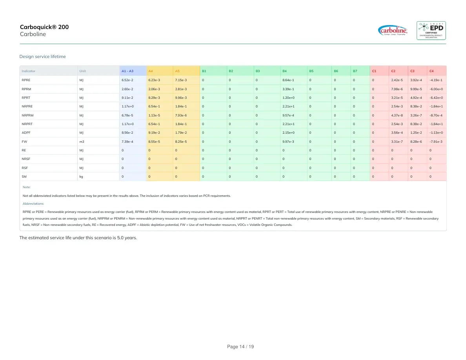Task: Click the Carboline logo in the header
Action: (393, 31)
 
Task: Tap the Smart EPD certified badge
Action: (431, 31)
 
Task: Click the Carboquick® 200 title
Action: (44, 27)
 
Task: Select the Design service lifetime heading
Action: (42, 56)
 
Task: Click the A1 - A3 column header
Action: (127, 71)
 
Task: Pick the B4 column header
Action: (284, 71)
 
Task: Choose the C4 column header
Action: (431, 71)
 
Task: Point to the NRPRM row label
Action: (27, 115)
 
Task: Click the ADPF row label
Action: (26, 133)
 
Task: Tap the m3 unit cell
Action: (82, 142)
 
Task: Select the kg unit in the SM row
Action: (81, 176)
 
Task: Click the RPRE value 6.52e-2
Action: (127, 80)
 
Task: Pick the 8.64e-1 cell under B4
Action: (288, 80)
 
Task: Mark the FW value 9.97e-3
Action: (288, 142)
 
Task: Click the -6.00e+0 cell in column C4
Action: (436, 89)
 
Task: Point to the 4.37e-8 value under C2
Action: (397, 115)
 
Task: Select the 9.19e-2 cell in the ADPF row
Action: (154, 133)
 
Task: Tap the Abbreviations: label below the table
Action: (33, 204)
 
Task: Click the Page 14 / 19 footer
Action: (240, 347)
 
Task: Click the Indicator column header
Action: (29, 71)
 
